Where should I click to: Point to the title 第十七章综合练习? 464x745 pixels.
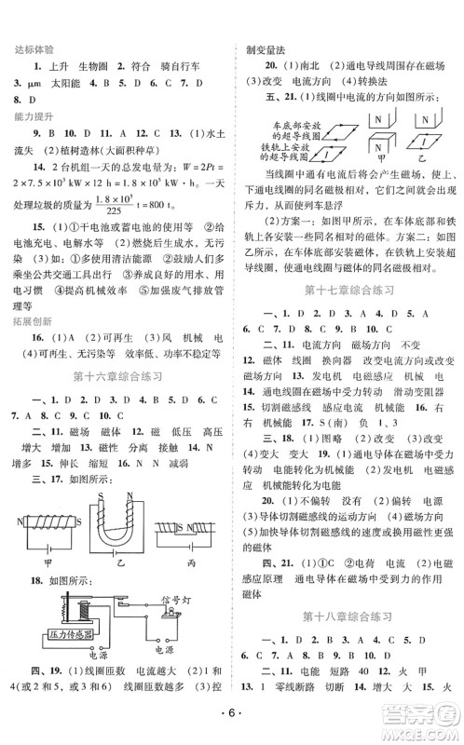click(349, 316)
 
